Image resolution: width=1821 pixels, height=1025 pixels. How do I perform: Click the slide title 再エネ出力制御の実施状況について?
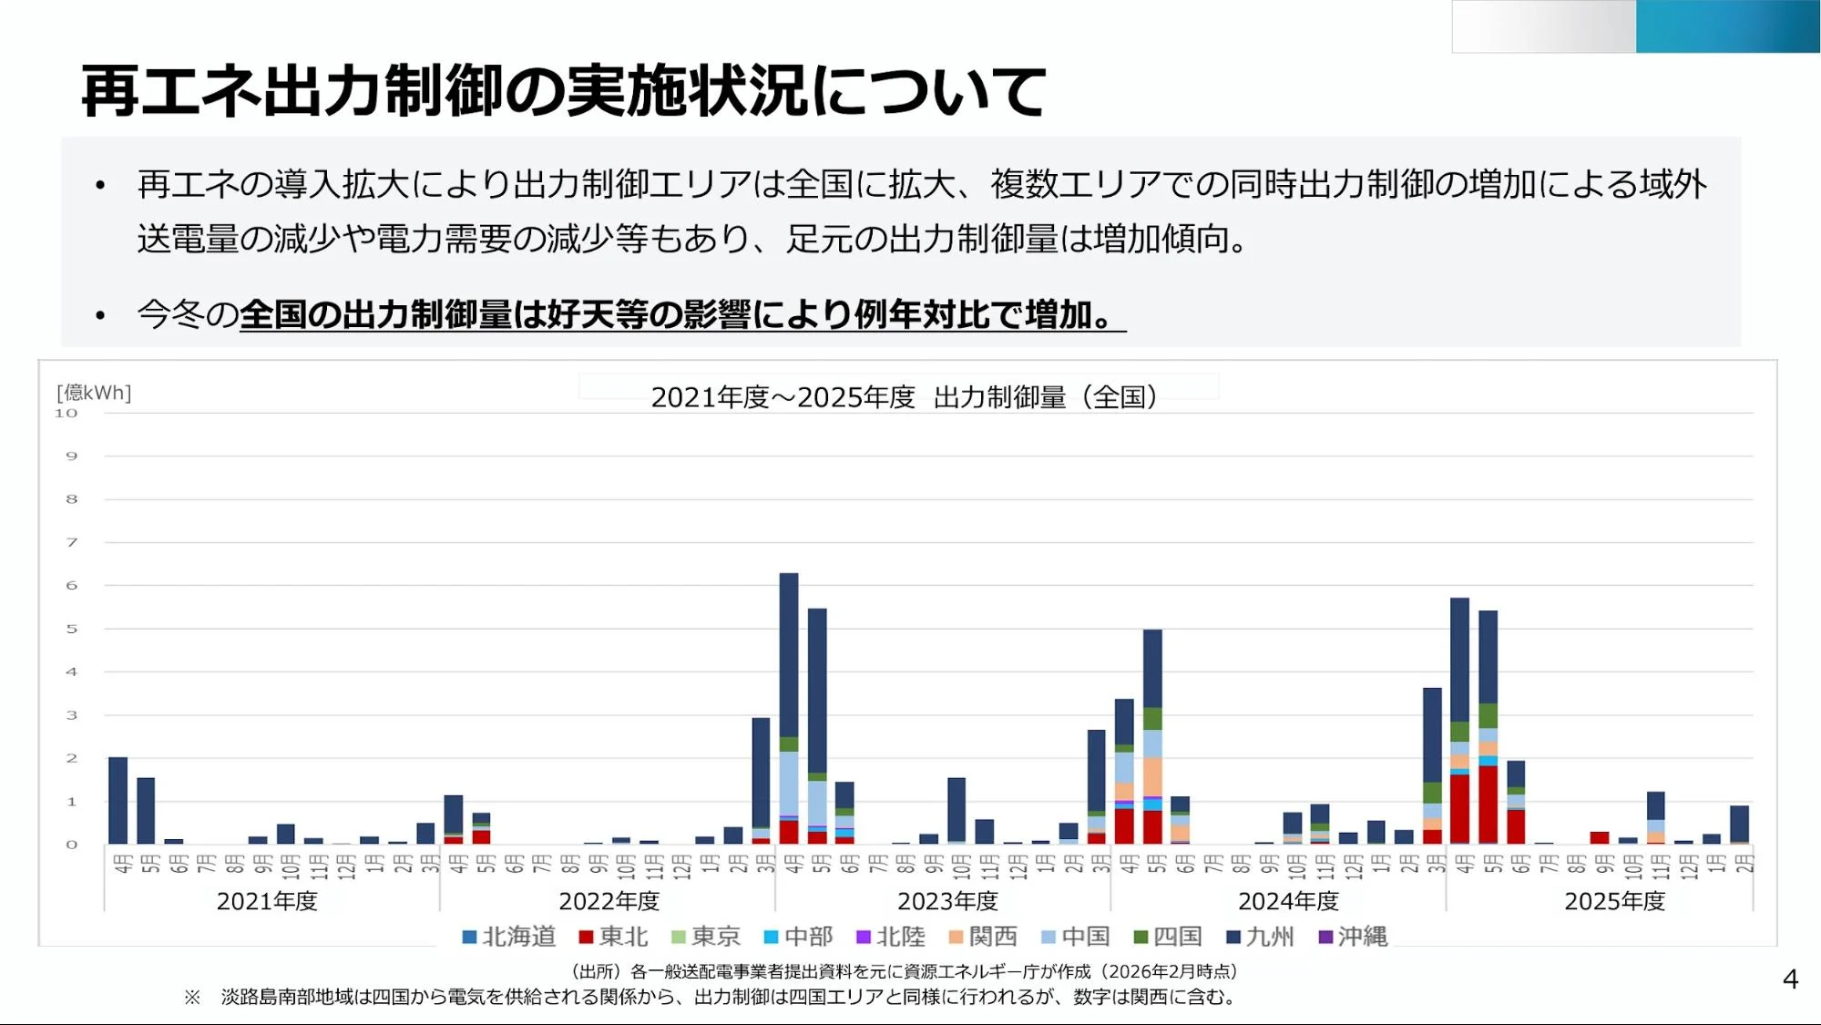click(563, 91)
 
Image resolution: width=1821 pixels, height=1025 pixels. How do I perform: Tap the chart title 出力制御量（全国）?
click(904, 397)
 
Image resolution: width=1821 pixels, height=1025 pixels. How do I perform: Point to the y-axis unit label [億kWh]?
click(94, 393)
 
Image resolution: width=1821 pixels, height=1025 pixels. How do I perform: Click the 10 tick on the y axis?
click(66, 414)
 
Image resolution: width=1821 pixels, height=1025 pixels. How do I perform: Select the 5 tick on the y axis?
click(71, 629)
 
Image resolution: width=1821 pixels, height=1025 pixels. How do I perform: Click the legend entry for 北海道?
click(508, 937)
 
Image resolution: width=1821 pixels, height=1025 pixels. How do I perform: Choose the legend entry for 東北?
click(613, 937)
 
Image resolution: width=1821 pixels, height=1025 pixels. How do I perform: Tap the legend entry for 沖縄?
click(1353, 937)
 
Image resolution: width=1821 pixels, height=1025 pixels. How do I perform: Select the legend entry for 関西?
click(983, 937)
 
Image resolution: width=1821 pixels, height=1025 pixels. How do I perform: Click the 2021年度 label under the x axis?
click(267, 901)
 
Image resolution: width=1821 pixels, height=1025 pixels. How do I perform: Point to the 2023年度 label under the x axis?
click(947, 901)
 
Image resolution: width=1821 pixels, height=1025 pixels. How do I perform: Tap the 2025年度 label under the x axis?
click(1614, 901)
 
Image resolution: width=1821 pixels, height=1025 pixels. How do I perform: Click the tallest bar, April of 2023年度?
click(789, 656)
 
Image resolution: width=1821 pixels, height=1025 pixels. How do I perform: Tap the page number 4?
click(1790, 979)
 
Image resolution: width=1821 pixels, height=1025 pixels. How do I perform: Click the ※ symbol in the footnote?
click(192, 997)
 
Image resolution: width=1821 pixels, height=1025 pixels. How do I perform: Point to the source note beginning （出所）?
click(904, 971)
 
